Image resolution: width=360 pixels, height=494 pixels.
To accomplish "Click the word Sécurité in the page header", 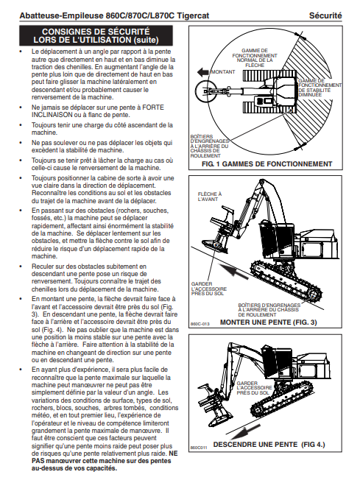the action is click(x=325, y=15).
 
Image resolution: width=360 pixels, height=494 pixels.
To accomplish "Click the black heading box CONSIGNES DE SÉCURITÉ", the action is click(x=96, y=35).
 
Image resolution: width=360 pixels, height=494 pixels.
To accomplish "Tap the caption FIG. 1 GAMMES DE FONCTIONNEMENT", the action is click(x=267, y=164).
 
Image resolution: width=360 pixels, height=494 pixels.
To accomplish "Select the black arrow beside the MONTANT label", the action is click(x=203, y=72).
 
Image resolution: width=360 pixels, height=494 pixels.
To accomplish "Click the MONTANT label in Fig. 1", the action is click(x=223, y=72).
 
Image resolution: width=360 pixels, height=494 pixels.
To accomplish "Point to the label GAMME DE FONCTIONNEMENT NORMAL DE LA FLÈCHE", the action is click(x=255, y=57).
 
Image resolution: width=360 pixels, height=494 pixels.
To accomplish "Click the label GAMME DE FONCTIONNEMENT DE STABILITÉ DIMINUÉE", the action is click(x=320, y=88).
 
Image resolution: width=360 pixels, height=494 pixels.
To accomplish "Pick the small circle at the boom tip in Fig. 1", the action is click(x=205, y=91).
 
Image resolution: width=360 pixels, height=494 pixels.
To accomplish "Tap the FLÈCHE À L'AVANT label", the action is click(x=210, y=197).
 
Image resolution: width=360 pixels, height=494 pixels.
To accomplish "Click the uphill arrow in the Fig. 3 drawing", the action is click(x=233, y=272).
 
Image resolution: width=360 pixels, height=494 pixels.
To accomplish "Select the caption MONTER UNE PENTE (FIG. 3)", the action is click(x=269, y=322).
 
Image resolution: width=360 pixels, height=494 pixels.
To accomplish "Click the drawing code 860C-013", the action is click(x=200, y=324).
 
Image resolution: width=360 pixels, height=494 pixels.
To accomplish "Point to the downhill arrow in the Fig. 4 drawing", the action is click(x=245, y=433).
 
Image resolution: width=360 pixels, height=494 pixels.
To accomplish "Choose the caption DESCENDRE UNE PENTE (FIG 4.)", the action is click(x=269, y=445).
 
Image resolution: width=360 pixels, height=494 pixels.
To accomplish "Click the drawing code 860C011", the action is click(x=199, y=448).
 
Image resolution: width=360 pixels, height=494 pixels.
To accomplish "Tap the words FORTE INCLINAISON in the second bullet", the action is click(x=98, y=111).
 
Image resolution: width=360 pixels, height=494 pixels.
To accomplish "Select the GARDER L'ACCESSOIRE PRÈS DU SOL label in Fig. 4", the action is click(x=254, y=388).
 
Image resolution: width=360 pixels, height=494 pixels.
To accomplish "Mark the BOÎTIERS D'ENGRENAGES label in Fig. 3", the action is click(x=269, y=310).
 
